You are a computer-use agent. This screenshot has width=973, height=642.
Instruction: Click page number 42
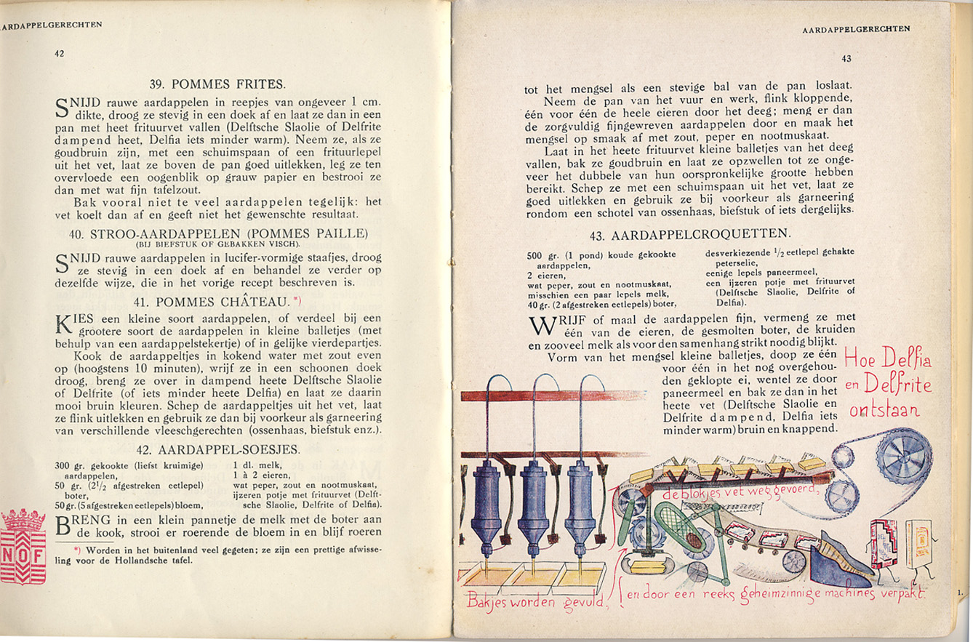(x=60, y=52)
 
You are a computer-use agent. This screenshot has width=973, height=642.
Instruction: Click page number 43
(x=846, y=59)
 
